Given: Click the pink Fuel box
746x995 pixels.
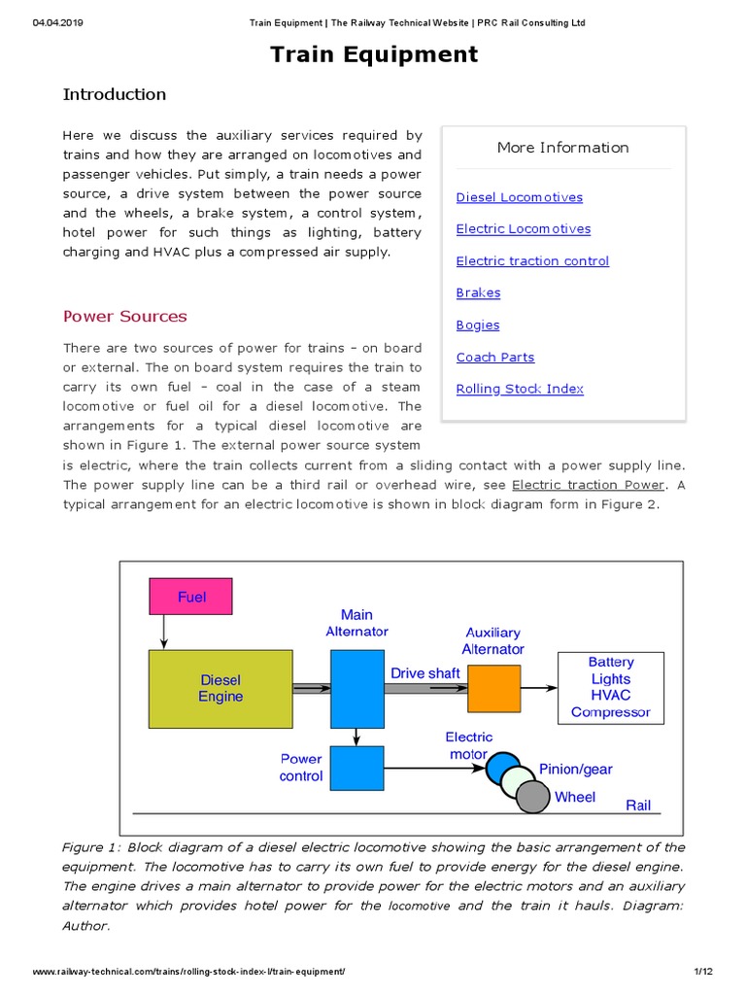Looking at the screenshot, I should pyautogui.click(x=191, y=597).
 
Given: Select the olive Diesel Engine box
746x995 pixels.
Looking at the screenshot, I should pyautogui.click(x=220, y=688).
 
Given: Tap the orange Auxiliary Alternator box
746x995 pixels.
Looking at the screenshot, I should pyautogui.click(x=495, y=689).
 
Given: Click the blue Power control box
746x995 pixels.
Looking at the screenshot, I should pyautogui.click(x=356, y=769).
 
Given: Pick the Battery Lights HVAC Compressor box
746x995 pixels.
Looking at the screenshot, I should pyautogui.click(x=610, y=687).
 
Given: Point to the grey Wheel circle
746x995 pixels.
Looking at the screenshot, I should pyautogui.click(x=532, y=797).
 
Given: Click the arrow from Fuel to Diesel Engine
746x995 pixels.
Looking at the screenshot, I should pyautogui.click(x=164, y=633).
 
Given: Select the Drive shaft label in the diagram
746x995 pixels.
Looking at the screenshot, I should pyautogui.click(x=424, y=673).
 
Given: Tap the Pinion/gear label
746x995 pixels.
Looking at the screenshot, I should pyautogui.click(x=576, y=769).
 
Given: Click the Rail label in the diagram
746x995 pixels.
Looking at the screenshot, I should pyautogui.click(x=638, y=805).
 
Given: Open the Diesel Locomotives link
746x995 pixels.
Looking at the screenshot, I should pyautogui.click(x=520, y=197).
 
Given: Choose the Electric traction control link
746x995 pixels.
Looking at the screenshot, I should pyautogui.click(x=532, y=261).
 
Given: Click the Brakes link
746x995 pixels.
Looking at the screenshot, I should pyautogui.click(x=478, y=293).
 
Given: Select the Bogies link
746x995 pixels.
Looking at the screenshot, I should pyautogui.click(x=478, y=326).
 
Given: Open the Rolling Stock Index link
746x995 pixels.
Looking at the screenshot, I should pyautogui.click(x=520, y=389).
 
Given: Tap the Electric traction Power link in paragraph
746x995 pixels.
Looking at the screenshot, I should pyautogui.click(x=588, y=485).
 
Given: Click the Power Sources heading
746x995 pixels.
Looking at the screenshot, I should pyautogui.click(x=125, y=317).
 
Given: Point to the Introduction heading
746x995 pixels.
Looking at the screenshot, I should pyautogui.click(x=115, y=94).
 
